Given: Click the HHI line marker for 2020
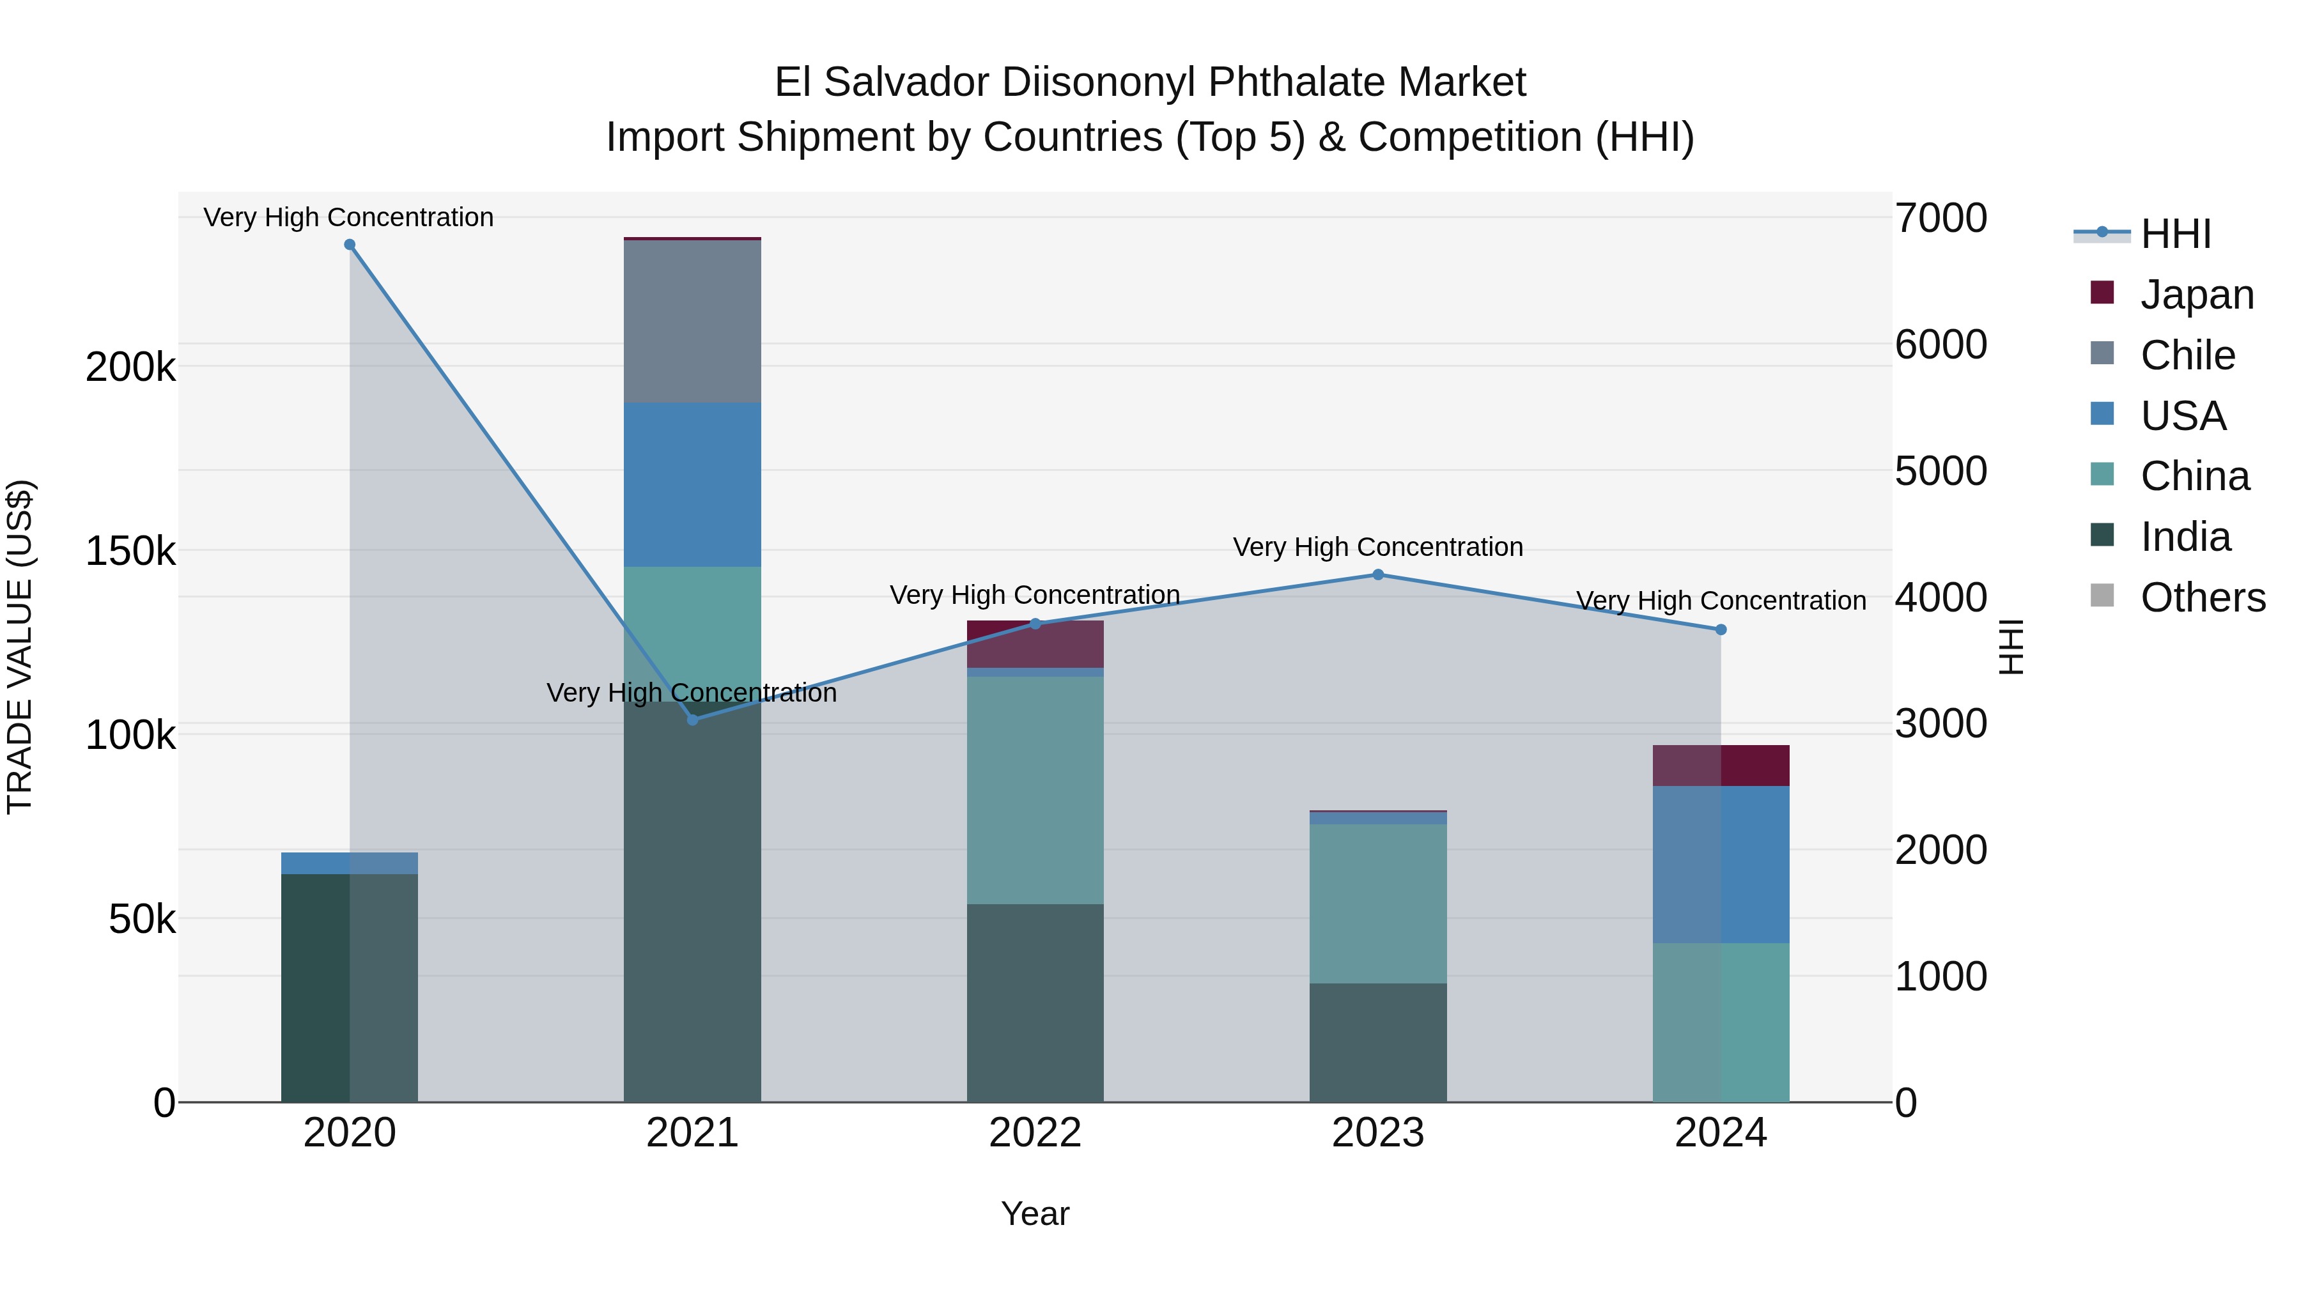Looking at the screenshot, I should tap(349, 245).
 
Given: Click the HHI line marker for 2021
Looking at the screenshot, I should tap(692, 719).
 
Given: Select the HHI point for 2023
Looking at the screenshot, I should tap(1377, 574).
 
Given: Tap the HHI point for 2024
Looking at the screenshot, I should tap(1721, 629).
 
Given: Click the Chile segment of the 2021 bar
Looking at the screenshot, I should tap(692, 321).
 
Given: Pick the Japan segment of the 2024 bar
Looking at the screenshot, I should tap(1721, 766).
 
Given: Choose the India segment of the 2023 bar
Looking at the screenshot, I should tap(1377, 1042).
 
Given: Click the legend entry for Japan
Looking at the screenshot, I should tap(2196, 295).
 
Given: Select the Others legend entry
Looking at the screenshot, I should tap(2202, 597).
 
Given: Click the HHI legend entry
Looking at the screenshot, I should tap(2175, 234).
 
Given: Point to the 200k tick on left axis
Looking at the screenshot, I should tap(130, 367).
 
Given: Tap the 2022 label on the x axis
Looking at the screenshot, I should tap(1035, 1133).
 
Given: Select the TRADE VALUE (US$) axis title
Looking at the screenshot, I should tap(20, 647).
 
